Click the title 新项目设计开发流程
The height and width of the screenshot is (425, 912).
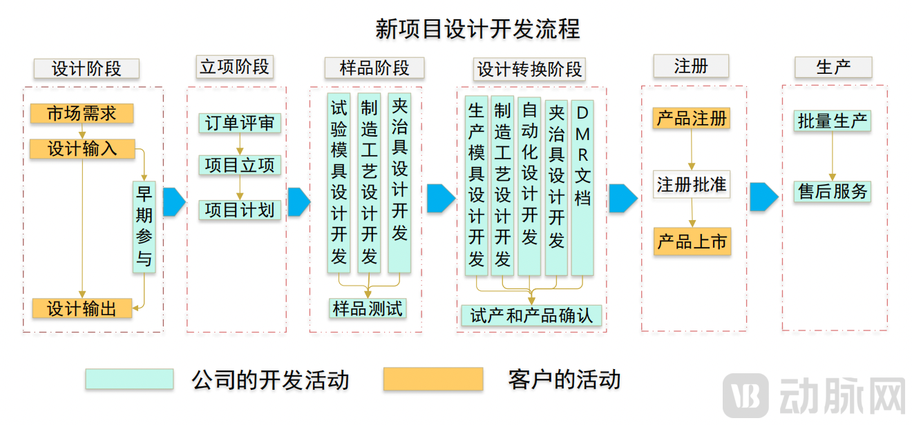tap(477, 29)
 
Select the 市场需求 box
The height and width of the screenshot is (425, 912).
tap(82, 113)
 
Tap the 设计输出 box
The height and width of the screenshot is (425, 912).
tap(82, 308)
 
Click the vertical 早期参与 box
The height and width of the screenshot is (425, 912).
tap(144, 227)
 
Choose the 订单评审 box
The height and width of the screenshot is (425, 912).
tap(239, 123)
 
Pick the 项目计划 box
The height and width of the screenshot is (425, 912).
tap(239, 210)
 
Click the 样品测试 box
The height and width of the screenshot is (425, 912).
tap(367, 308)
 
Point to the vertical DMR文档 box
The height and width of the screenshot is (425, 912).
tap(582, 187)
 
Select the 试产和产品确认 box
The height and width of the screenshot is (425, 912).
tap(531, 315)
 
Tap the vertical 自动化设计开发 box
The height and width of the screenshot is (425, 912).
tap(529, 187)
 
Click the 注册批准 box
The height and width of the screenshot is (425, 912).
tap(691, 185)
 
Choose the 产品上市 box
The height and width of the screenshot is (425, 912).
tap(692, 242)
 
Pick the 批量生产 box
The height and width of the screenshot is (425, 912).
tap(832, 121)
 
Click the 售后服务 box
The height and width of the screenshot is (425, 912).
tap(832, 191)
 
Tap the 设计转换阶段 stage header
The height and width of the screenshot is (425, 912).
tap(530, 69)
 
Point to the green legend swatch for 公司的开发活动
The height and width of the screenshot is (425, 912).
tap(129, 379)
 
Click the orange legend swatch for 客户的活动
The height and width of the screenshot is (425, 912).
tap(433, 379)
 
